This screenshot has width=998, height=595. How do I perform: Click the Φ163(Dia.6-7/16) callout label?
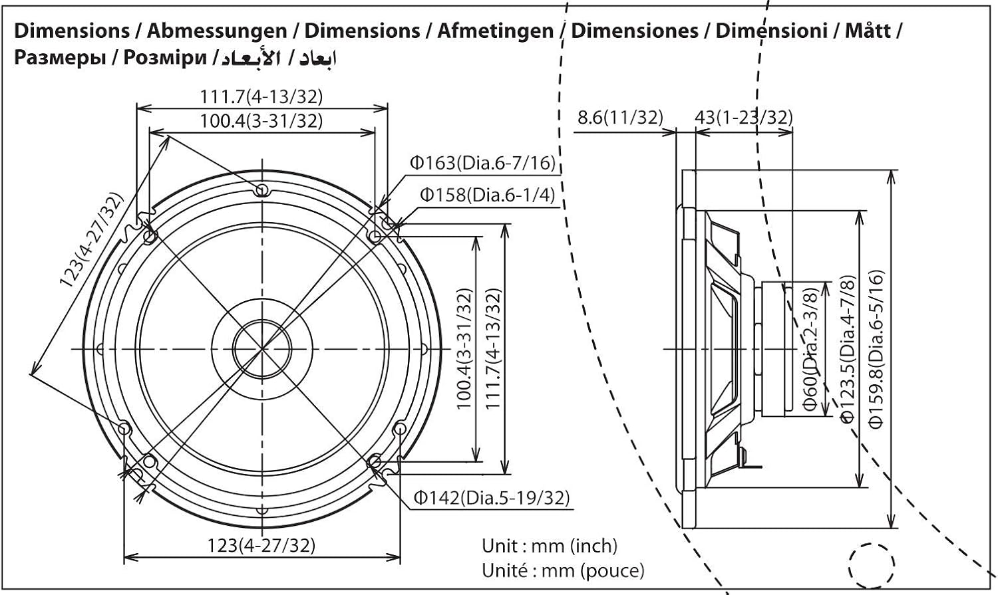(482, 163)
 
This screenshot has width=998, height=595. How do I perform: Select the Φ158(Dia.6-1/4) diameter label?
(486, 195)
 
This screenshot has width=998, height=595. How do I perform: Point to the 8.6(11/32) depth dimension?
(620, 118)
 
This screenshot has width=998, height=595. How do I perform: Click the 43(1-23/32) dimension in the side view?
(743, 118)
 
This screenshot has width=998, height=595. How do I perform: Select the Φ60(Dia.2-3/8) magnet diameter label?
(810, 350)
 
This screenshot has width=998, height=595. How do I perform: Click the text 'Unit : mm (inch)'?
(550, 546)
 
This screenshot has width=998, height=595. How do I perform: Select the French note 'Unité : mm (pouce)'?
(563, 570)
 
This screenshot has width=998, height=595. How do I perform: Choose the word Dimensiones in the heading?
(634, 31)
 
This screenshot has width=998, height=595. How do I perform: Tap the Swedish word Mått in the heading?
(868, 31)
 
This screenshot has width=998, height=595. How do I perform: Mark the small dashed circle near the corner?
(871, 565)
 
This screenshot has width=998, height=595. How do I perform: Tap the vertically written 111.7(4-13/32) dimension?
(493, 348)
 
